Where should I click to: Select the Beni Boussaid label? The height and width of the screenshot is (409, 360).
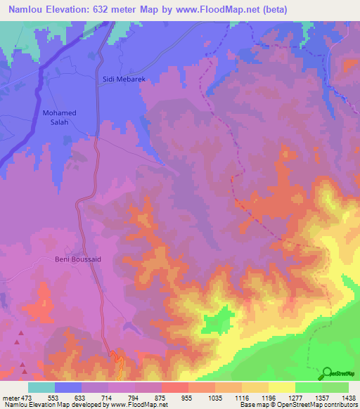(x=78, y=259)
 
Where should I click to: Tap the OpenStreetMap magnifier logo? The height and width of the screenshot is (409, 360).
(x=328, y=372)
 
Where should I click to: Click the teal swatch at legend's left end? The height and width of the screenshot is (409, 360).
(x=41, y=387)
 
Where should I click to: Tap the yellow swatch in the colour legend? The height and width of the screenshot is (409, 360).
(x=281, y=387)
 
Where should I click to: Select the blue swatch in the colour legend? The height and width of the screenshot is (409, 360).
(x=68, y=387)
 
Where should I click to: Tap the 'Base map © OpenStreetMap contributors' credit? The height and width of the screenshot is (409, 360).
(x=297, y=405)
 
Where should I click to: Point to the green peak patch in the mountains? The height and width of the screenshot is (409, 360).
(x=223, y=320)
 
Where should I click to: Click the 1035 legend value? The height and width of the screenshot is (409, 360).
(x=217, y=397)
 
